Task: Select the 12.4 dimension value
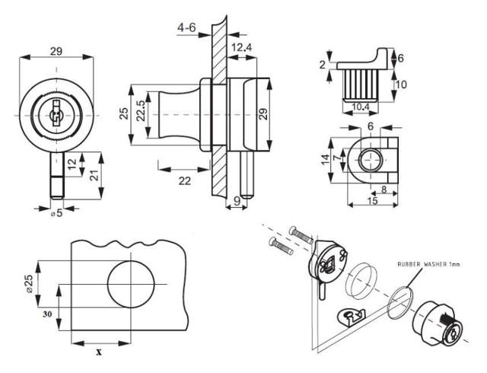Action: click(242, 47)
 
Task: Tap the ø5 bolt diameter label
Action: click(56, 213)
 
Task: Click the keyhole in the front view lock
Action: click(55, 116)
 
